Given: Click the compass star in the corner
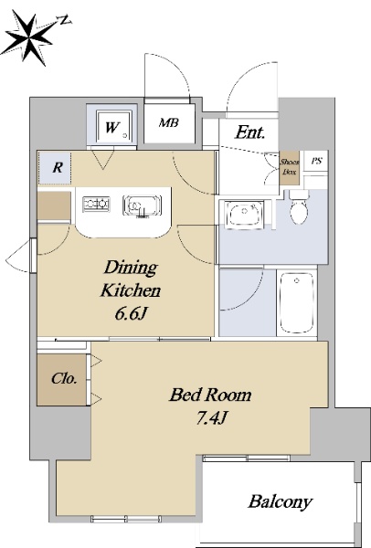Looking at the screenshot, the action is [x=30, y=37].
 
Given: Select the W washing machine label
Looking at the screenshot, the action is [x=112, y=128].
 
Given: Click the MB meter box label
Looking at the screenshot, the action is [x=169, y=122].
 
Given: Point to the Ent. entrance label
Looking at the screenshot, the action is [x=250, y=132].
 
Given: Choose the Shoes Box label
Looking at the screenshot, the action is [x=290, y=167].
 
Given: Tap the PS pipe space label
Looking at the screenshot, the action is [x=317, y=161].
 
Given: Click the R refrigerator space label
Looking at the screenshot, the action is [x=58, y=168].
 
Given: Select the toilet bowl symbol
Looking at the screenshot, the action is [x=299, y=207].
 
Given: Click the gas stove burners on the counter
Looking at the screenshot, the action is [x=96, y=204].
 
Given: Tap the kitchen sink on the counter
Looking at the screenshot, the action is [x=142, y=205].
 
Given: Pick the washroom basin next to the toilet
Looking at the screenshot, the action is [x=244, y=215].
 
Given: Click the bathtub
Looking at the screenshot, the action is [x=296, y=303].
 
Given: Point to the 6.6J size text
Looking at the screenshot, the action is [x=130, y=314].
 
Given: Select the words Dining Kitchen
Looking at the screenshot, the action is [x=131, y=279].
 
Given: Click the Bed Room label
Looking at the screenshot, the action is [x=210, y=395].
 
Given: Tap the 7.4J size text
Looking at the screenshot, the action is [x=212, y=417].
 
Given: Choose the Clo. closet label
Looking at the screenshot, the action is [x=64, y=378].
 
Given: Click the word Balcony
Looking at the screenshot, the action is [x=281, y=501].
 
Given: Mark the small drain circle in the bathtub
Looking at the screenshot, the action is [x=296, y=280].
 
